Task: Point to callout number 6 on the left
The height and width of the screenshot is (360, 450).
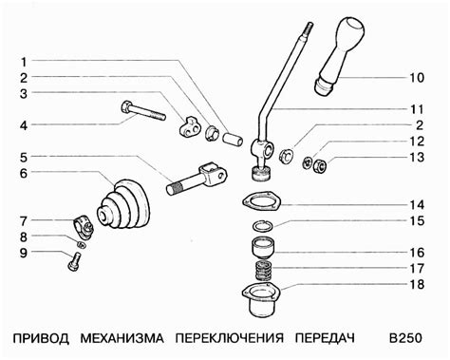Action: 25,173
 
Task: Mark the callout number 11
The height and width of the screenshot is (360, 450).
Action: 417,109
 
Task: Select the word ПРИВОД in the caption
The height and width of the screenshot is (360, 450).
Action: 40,339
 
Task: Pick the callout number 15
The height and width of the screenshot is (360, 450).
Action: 417,221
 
